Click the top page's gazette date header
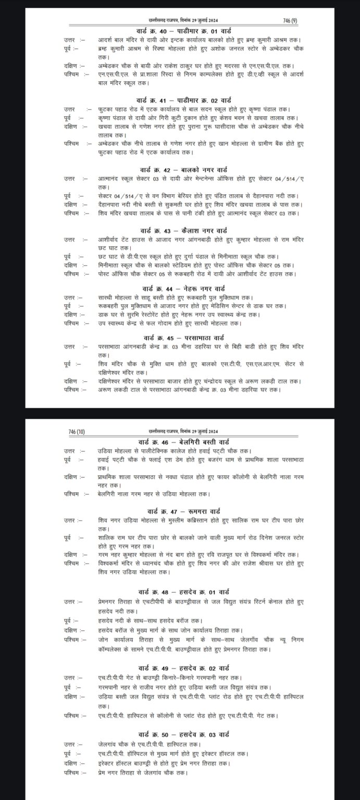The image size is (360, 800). [x=180, y=20]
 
